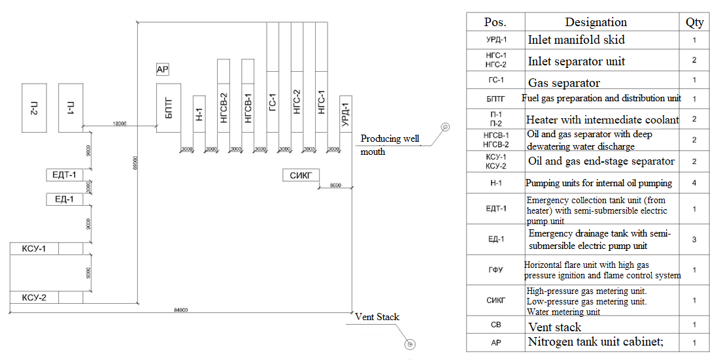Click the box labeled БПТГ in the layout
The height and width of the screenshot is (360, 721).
coord(169,107)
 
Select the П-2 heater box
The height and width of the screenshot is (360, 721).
coord(34,107)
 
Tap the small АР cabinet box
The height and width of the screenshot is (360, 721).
coord(163,69)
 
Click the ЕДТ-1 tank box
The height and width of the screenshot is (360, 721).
coord(64,175)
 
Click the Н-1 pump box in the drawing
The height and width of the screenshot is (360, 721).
coord(199,114)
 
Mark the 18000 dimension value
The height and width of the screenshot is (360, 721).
coord(119,123)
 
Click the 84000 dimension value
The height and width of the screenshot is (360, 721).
coord(180,310)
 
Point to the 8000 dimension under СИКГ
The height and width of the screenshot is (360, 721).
coord(335,186)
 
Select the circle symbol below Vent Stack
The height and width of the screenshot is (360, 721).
coord(410,344)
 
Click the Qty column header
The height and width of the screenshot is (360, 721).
coord(694,22)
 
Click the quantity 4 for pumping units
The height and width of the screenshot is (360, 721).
coord(694,183)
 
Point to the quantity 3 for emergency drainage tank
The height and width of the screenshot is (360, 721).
coord(694,240)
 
